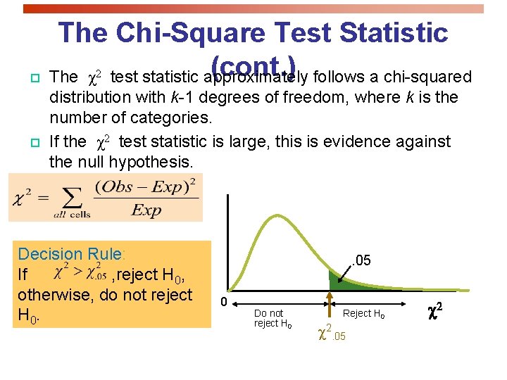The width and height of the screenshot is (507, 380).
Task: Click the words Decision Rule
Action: tap(70, 254)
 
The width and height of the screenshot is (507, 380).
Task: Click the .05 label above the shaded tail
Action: tap(361, 261)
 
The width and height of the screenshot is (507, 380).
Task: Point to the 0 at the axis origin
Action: tap(223, 302)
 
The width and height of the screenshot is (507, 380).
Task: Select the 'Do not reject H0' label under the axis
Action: tap(271, 318)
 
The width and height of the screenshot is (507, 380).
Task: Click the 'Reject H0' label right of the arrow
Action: tap(363, 313)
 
